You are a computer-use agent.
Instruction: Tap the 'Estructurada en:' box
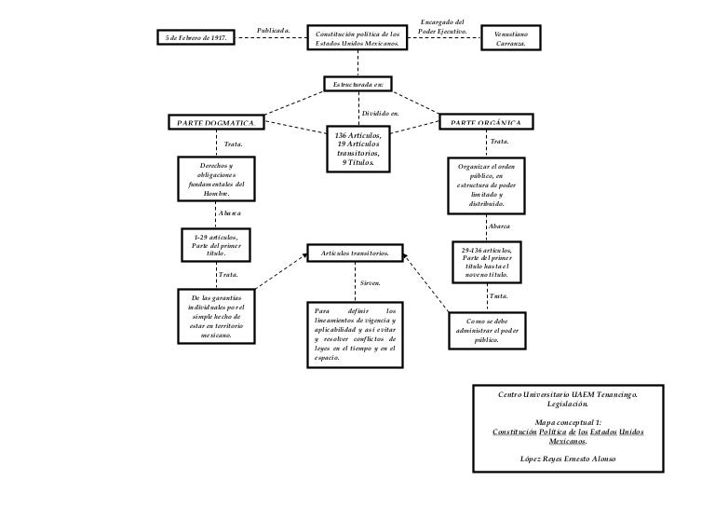[357, 85]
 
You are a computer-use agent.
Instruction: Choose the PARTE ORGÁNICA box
[492, 122]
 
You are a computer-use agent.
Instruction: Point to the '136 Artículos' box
[357, 149]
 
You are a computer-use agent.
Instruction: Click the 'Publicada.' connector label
[274, 31]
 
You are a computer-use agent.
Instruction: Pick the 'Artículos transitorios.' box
[356, 253]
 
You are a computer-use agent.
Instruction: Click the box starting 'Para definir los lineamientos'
[355, 334]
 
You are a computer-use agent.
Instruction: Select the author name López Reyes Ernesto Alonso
[567, 459]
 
